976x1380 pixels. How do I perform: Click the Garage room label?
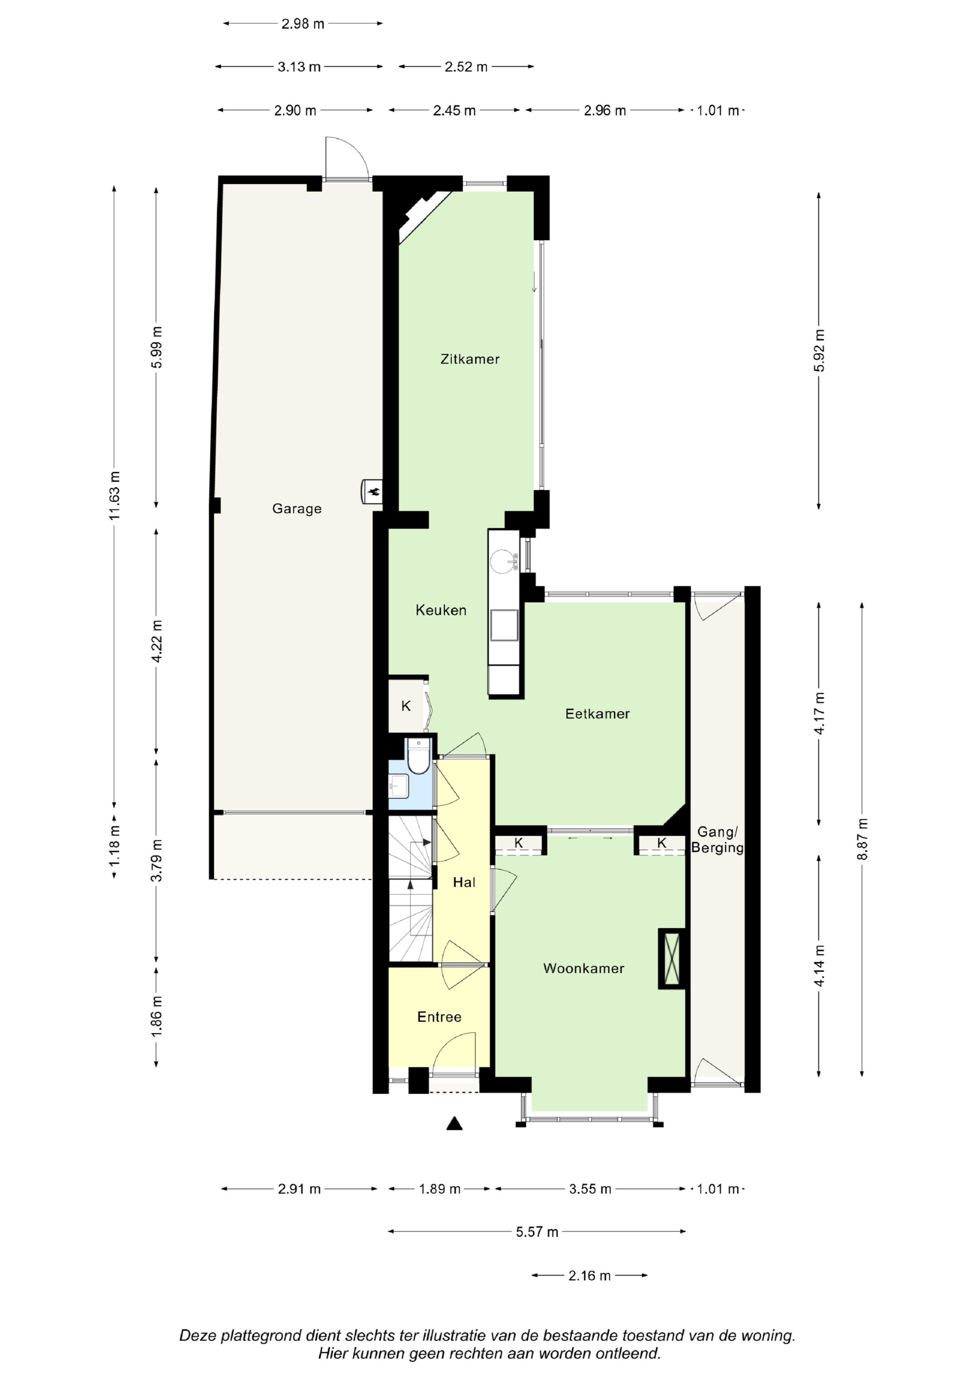pyautogui.click(x=297, y=509)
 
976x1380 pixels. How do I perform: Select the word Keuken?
pyautogui.click(x=441, y=610)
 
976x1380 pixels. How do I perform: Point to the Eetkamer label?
pyautogui.click(x=597, y=714)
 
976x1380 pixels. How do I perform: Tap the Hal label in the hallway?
pyautogui.click(x=464, y=882)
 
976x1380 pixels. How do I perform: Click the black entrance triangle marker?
pyautogui.click(x=455, y=1123)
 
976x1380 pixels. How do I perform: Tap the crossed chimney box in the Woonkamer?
pyautogui.click(x=671, y=959)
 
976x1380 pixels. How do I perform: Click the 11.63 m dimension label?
pyautogui.click(x=114, y=496)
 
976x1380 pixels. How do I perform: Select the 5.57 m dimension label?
pyautogui.click(x=537, y=1232)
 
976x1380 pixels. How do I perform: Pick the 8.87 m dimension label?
pyautogui.click(x=862, y=839)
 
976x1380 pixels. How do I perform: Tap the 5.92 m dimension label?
pyautogui.click(x=819, y=350)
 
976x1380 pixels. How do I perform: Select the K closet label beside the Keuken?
pyautogui.click(x=406, y=706)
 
